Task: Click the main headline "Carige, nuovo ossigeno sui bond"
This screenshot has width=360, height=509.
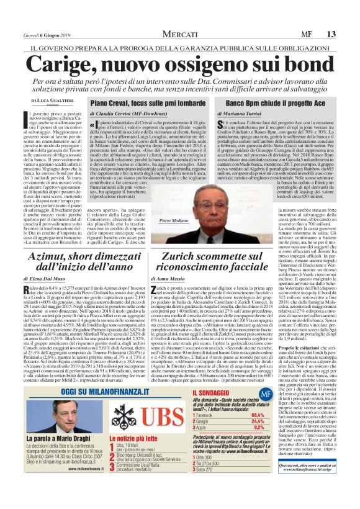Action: point(180,65)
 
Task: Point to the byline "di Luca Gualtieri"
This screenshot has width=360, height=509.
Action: point(43,101)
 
